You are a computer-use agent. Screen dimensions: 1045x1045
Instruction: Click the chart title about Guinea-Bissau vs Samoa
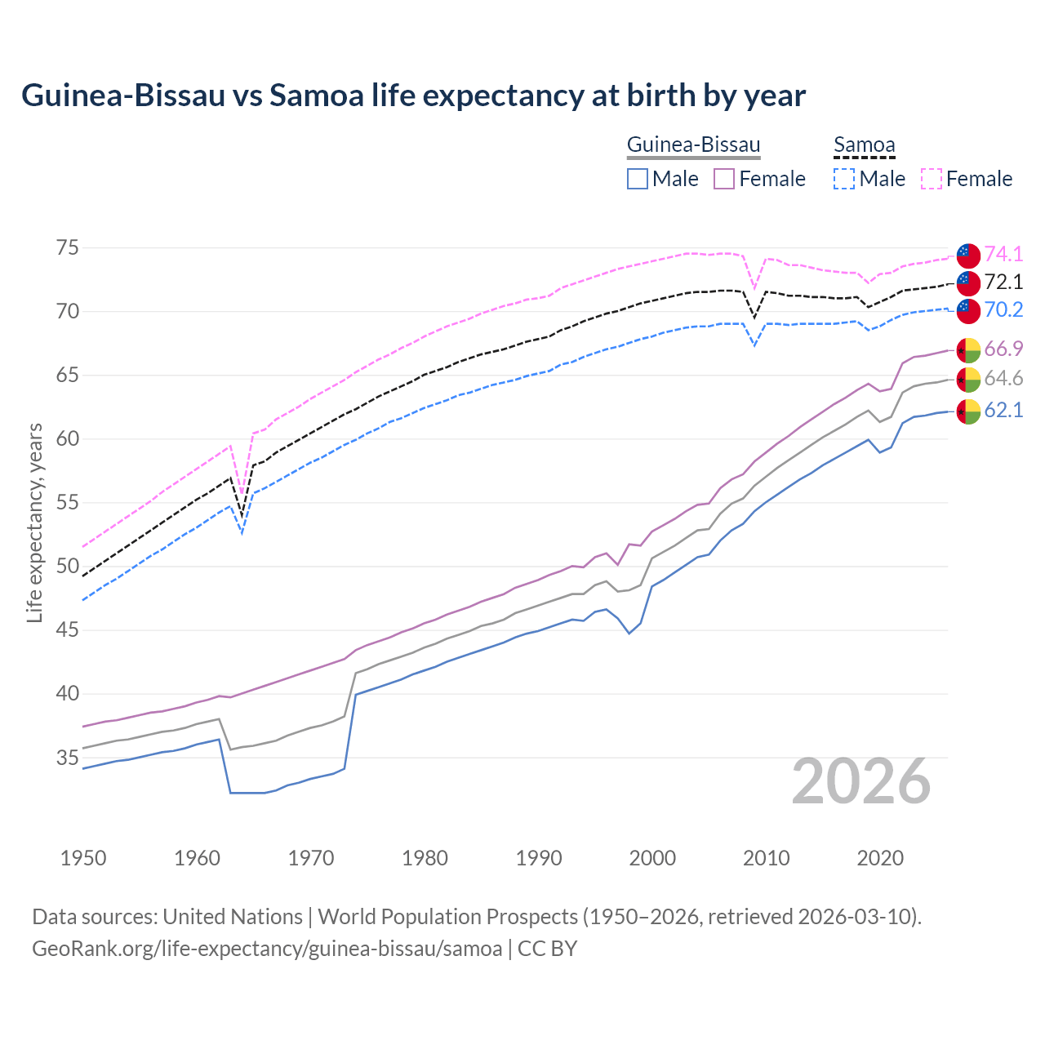point(413,96)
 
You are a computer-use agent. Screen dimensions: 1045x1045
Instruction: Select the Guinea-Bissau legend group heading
point(693,145)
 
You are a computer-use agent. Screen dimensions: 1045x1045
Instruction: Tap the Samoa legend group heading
point(864,145)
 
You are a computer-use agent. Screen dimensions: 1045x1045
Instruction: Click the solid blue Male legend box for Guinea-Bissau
point(638,179)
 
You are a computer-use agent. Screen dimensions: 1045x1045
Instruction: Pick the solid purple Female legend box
point(724,179)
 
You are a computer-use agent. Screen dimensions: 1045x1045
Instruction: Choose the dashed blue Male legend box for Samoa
point(844,179)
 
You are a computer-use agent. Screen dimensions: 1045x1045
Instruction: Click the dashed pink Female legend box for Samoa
point(932,179)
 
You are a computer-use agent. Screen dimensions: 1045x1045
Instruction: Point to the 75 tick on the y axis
point(68,247)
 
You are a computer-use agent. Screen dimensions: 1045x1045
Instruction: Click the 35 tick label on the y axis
point(68,758)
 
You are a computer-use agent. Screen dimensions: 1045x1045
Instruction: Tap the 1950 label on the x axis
point(84,858)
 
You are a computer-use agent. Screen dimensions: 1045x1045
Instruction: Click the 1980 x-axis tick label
point(425,858)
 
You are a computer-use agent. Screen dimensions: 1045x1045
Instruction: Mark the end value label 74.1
point(1003,254)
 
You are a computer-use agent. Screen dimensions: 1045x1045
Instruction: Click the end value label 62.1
point(1003,410)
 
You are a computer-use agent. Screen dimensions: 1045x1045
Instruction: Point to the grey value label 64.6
point(1003,379)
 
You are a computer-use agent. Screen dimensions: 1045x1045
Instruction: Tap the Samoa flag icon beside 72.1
point(968,282)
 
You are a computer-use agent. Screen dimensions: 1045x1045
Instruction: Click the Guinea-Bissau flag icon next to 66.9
point(968,349)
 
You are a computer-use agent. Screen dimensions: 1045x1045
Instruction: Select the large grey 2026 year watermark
point(861,781)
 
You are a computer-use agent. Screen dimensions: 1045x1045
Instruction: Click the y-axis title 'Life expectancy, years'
point(34,522)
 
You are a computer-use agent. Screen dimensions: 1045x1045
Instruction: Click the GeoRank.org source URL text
point(266,949)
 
